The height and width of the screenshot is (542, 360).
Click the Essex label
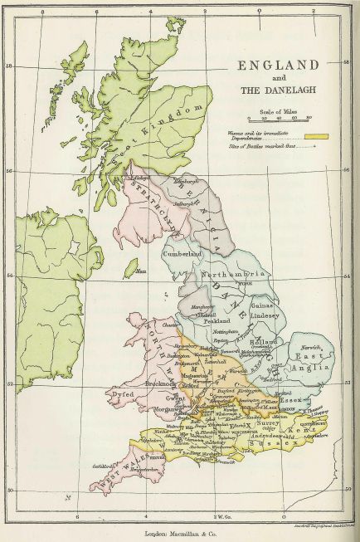pyautogui.click(x=289, y=401)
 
